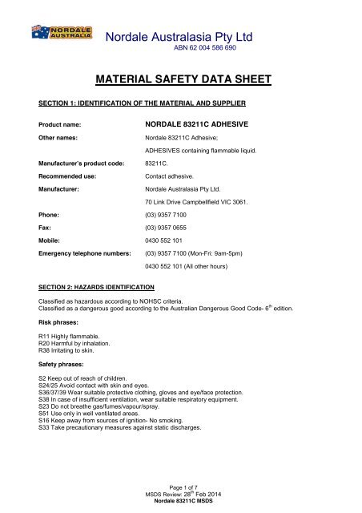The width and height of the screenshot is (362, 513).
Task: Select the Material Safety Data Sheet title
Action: (180, 79)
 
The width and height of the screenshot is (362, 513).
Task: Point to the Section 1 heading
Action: (151, 104)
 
